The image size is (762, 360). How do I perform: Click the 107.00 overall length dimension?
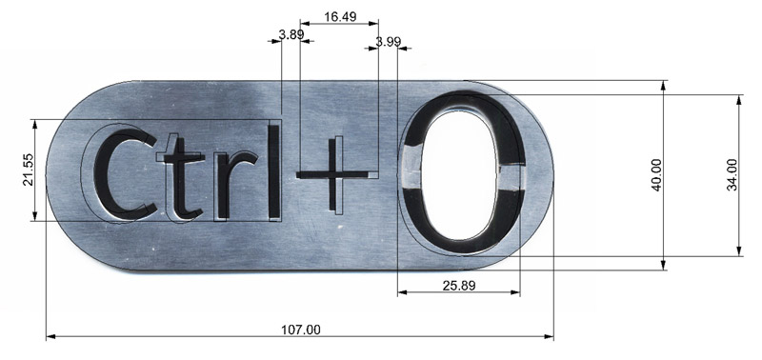pos(301,330)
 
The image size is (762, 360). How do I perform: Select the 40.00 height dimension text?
pos(656,175)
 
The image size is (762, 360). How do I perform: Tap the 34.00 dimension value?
pos(732,175)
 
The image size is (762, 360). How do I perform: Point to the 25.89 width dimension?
pos(459,286)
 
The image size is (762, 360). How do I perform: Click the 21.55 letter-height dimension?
pos(28,170)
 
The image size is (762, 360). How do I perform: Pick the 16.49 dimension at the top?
pos(340,17)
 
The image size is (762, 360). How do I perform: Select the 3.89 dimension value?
pos(291,34)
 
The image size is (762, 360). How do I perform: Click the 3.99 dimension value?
pos(388,42)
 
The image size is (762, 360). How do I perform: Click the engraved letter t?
pos(184,178)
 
